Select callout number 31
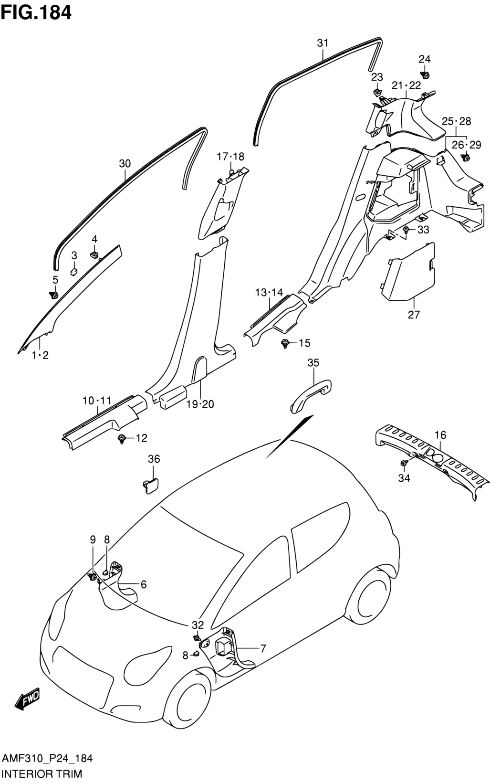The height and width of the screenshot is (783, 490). tap(323, 43)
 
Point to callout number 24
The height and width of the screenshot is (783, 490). tap(425, 59)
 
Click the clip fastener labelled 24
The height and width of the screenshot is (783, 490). tap(425, 75)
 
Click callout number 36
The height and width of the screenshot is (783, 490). tap(154, 459)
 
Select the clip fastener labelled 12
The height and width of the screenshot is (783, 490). tap(122, 439)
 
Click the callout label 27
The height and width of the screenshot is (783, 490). tap(414, 315)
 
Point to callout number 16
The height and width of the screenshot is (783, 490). tap(441, 435)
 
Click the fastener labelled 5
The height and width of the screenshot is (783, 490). tap(54, 295)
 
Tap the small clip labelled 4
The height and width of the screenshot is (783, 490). tap(94, 254)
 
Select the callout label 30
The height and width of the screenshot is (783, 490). tap(125, 163)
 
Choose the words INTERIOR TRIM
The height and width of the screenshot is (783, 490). tap(42, 773)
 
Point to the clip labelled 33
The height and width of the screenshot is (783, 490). tap(406, 230)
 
